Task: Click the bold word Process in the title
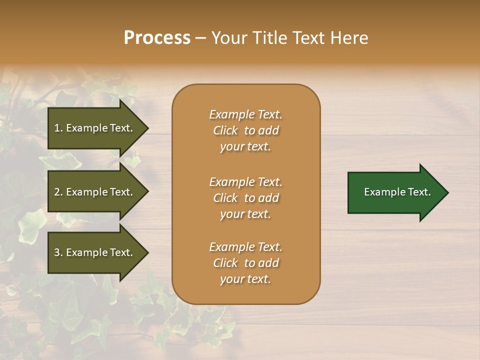[157, 38]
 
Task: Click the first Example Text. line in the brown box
[245, 114]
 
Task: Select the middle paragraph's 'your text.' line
[245, 214]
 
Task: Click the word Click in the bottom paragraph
[225, 263]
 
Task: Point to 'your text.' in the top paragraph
[245, 146]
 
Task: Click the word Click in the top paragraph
[225, 130]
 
